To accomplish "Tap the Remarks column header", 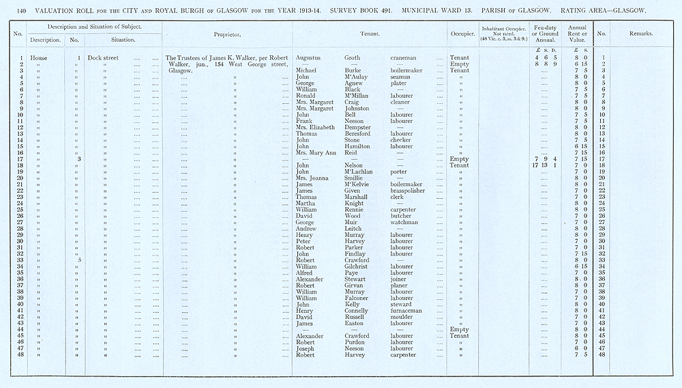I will click(x=640, y=33).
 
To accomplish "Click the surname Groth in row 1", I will click(x=354, y=58).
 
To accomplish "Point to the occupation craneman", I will click(x=404, y=58).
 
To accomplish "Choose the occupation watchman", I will click(x=404, y=222).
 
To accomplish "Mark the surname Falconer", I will click(x=357, y=298).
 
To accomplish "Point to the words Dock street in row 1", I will click(x=103, y=58).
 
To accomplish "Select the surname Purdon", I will click(x=355, y=342).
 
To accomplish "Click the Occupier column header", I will click(x=462, y=33).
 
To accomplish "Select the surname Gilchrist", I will click(x=357, y=266).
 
